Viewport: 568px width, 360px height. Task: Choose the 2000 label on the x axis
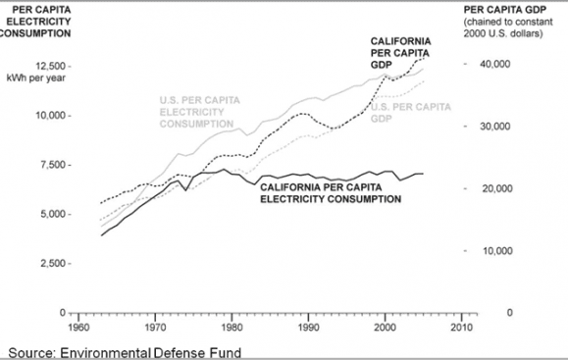386,327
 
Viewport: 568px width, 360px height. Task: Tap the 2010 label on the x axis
462,327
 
